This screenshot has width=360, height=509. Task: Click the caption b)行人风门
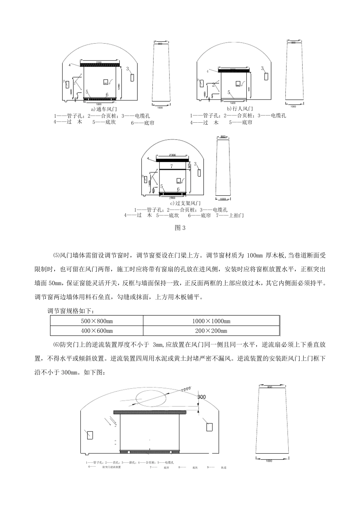240,109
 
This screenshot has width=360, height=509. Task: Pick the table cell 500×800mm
97,321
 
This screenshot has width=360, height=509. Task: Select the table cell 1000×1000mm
211,321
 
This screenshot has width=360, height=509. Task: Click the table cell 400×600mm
97,331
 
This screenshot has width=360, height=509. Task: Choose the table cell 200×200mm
211,331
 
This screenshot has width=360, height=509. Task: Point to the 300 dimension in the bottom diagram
202,397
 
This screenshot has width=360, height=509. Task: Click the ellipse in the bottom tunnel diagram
151,400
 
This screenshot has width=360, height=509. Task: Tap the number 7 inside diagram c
171,166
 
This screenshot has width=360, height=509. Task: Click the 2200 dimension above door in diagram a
99,62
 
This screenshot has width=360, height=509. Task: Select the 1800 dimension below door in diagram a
99,103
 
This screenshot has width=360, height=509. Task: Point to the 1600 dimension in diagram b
233,103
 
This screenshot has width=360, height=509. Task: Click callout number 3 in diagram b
262,68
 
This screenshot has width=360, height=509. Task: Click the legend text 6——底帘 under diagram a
142,123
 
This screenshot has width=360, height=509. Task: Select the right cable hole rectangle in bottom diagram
209,426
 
